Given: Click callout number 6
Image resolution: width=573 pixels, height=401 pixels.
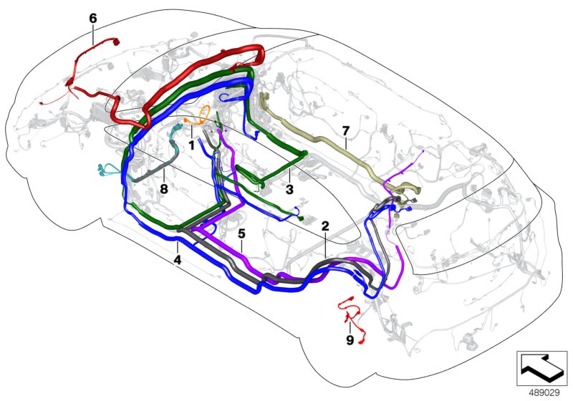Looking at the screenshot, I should (x=93, y=17).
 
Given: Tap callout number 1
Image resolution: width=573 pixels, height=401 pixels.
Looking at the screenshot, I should (x=191, y=144).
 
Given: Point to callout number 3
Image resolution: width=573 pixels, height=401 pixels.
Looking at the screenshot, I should (x=289, y=190).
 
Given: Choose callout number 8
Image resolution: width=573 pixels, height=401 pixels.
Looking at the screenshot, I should (x=164, y=190).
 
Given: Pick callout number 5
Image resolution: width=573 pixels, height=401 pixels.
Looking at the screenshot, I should (x=241, y=233).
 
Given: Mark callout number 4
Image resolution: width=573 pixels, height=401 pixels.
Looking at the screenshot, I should (x=177, y=261).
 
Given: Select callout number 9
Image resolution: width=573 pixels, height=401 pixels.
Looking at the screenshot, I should (x=350, y=340).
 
